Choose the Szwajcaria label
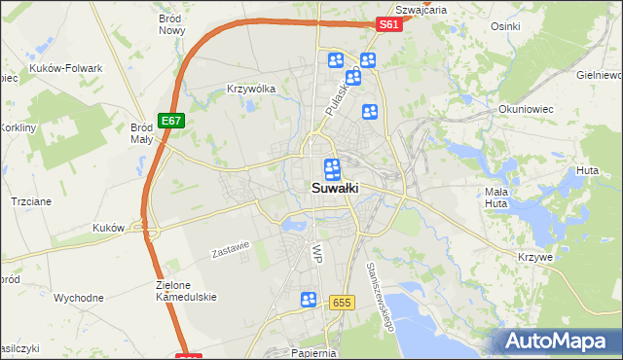click(421, 9)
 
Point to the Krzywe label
click(536, 257)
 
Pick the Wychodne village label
click(79, 298)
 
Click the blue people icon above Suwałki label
click(332, 168)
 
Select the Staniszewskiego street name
click(379, 297)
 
